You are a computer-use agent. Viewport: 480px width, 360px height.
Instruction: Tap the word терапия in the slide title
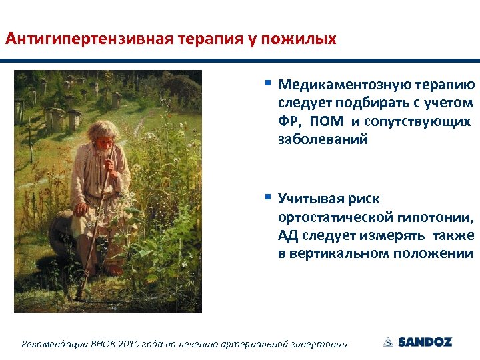pyautogui.click(x=210, y=38)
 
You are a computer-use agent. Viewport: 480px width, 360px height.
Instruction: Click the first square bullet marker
pyautogui.click(x=267, y=84)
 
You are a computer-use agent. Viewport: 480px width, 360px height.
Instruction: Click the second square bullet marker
pyautogui.click(x=267, y=197)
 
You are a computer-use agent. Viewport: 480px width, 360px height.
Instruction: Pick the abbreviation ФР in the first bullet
pyautogui.click(x=289, y=122)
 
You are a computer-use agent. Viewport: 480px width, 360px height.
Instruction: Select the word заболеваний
pyautogui.click(x=323, y=140)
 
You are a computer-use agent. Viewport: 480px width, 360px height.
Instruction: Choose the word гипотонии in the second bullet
pyautogui.click(x=440, y=218)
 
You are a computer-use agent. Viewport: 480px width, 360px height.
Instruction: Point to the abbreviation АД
pyautogui.click(x=288, y=236)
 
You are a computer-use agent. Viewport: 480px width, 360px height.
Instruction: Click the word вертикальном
pyautogui.click(x=345, y=254)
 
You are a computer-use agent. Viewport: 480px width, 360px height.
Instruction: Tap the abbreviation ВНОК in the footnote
pyautogui.click(x=105, y=344)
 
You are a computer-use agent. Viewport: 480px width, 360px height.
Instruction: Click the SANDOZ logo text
pyautogui.click(x=425, y=342)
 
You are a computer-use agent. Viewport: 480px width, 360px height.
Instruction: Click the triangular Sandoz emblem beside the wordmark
pyautogui.click(x=388, y=342)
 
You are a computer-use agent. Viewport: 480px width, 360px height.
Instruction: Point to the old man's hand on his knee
pyautogui.click(x=81, y=209)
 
